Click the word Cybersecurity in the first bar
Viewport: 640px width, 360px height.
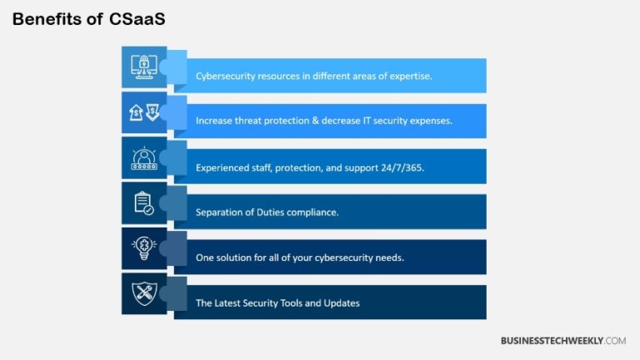[227, 76]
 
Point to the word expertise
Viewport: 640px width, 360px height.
[409, 76]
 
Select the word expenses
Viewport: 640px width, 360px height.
[429, 121]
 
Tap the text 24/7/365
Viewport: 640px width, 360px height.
[402, 167]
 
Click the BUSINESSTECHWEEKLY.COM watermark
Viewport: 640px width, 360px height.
[562, 341]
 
